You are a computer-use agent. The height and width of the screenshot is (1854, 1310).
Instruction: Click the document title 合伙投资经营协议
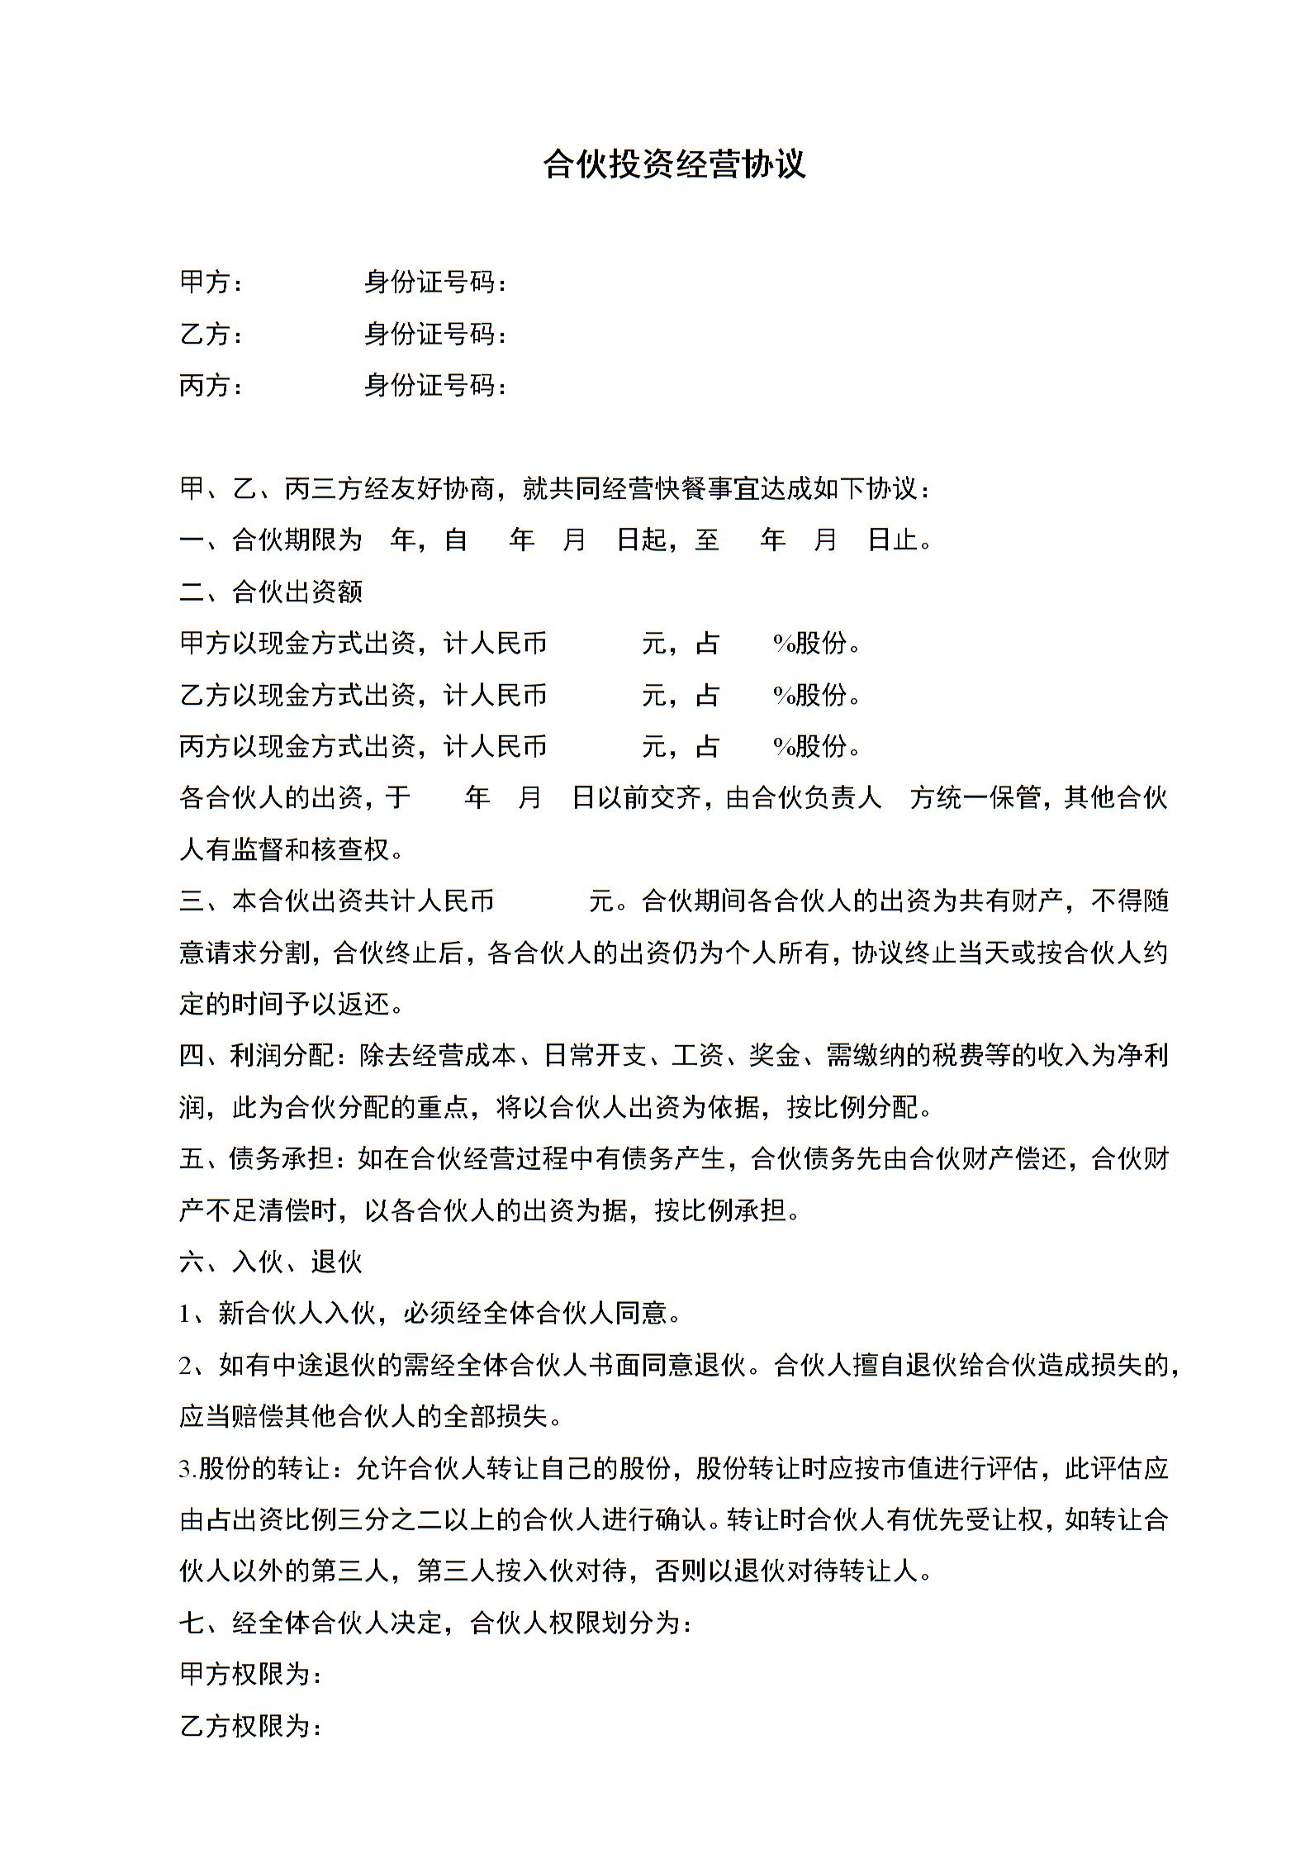673,164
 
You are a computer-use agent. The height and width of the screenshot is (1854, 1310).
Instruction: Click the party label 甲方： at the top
211,283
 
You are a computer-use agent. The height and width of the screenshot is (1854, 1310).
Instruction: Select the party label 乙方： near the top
211,334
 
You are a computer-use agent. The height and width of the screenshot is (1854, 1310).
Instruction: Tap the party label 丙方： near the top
211,385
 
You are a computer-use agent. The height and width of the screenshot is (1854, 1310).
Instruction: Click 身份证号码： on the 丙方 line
435,385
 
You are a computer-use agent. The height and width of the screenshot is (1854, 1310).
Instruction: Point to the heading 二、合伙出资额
271,592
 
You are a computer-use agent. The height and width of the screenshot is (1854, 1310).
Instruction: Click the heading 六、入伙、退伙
271,1262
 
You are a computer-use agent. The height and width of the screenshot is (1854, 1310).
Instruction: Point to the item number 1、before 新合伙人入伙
197,1314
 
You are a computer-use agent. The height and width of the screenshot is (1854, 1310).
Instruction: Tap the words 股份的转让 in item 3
264,1469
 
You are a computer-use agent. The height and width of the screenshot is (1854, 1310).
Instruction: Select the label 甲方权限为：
250,1675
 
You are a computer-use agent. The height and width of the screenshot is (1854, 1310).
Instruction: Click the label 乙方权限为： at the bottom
250,1726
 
